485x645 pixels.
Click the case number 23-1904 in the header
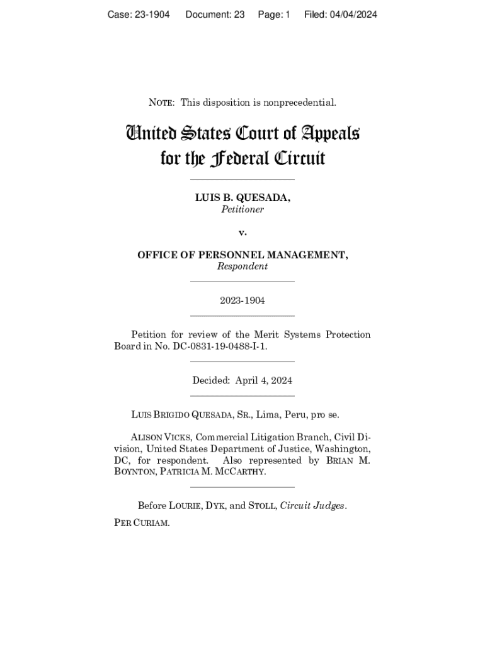(152, 14)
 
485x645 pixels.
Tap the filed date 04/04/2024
(353, 14)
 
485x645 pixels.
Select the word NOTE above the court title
(162, 102)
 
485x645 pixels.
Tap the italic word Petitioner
(243, 210)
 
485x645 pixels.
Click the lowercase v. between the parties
(243, 232)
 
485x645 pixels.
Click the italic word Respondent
(243, 266)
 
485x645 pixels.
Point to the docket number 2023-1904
(243, 300)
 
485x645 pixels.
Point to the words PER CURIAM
(142, 523)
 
